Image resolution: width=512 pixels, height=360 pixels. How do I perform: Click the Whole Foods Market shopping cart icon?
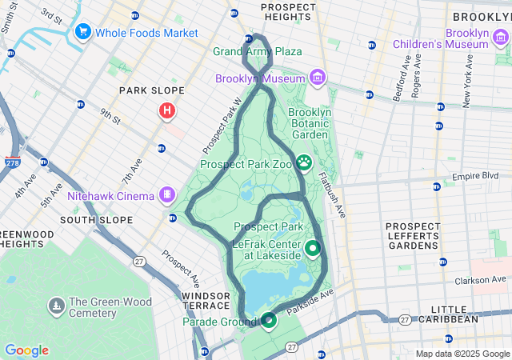pyautogui.click(x=82, y=32)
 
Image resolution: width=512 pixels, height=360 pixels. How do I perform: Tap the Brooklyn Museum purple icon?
pyautogui.click(x=318, y=78)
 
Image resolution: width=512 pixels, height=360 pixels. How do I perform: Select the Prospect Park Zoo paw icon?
pyautogui.click(x=305, y=164)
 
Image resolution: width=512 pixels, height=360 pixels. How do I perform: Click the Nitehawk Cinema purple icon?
pyautogui.click(x=167, y=194)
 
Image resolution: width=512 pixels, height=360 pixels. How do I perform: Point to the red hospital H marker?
pyautogui.click(x=166, y=110)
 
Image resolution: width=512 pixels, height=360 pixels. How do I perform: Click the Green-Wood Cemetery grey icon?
pyautogui.click(x=56, y=305)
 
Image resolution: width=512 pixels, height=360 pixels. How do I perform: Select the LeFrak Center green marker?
pyautogui.click(x=311, y=249)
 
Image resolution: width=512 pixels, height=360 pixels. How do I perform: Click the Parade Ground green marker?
pyautogui.click(x=268, y=321)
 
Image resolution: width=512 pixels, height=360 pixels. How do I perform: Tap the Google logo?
pyautogui.click(x=26, y=350)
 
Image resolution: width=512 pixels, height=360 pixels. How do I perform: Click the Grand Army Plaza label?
pyautogui.click(x=257, y=52)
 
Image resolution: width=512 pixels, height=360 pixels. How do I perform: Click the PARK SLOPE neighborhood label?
pyautogui.click(x=152, y=90)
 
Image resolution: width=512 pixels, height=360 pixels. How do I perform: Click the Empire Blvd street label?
pyautogui.click(x=481, y=176)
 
